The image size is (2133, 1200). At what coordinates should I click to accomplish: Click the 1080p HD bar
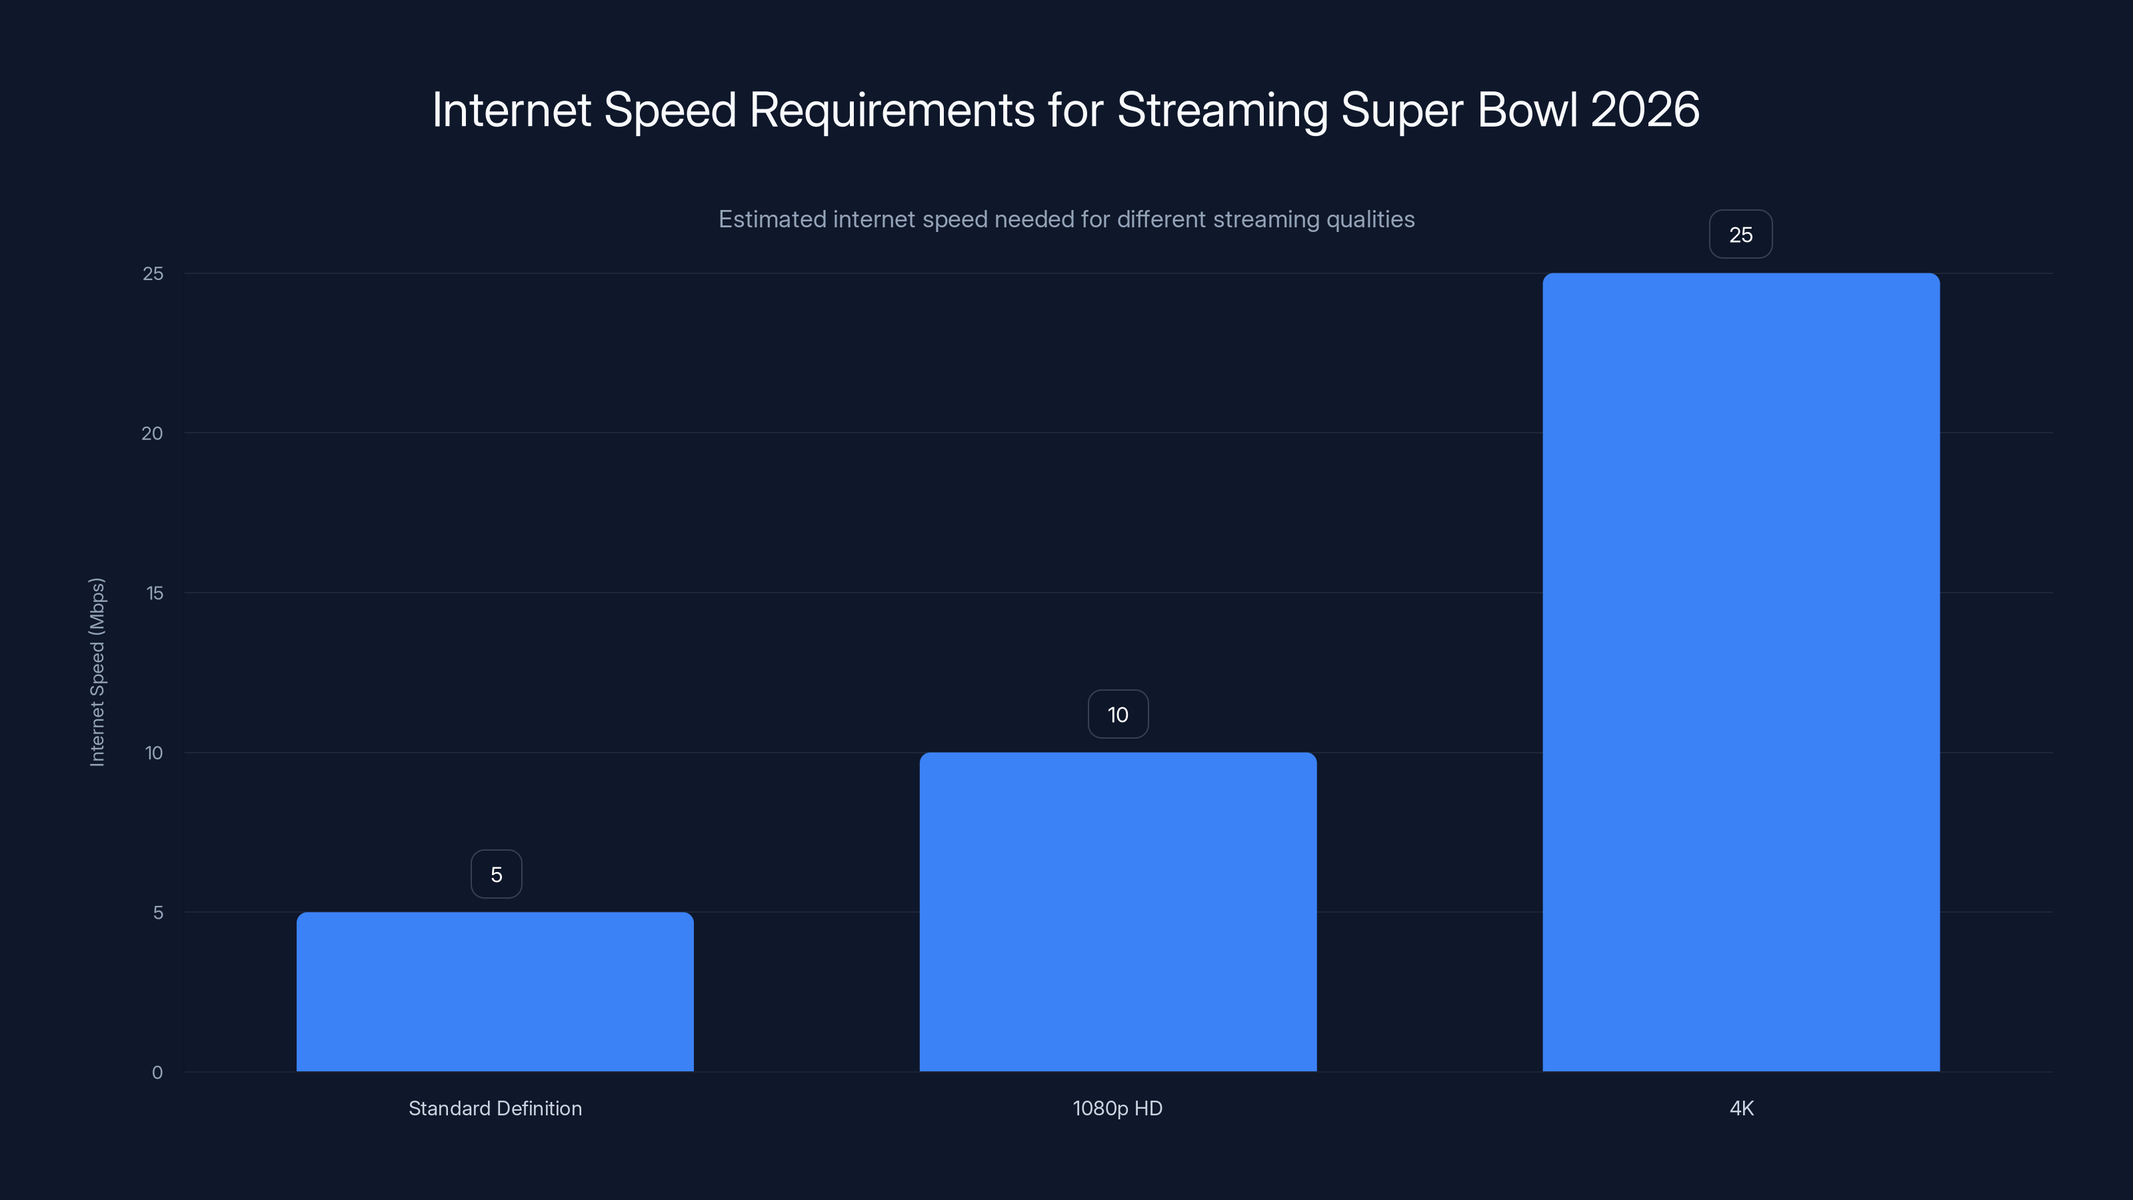pyautogui.click(x=1118, y=911)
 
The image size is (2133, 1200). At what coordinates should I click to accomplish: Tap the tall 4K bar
pyautogui.click(x=1740, y=671)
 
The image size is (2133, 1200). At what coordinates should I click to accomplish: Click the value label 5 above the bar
pyautogui.click(x=496, y=875)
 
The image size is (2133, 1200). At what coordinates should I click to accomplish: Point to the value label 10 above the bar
pyautogui.click(x=1118, y=715)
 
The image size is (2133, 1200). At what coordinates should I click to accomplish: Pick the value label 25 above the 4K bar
pyautogui.click(x=1740, y=235)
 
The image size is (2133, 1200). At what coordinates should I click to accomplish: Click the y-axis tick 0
pyautogui.click(x=157, y=1073)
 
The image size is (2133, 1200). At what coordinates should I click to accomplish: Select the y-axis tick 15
pyautogui.click(x=154, y=593)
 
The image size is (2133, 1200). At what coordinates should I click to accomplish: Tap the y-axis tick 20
pyautogui.click(x=153, y=433)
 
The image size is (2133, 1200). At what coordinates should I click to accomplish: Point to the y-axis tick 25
pyautogui.click(x=153, y=273)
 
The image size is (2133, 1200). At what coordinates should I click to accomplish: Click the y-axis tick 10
pyautogui.click(x=154, y=753)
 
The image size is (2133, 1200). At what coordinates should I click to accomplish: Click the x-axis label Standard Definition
pyautogui.click(x=495, y=1108)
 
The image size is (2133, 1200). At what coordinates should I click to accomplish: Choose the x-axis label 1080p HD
pyautogui.click(x=1118, y=1108)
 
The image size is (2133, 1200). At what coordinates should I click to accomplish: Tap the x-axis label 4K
pyautogui.click(x=1741, y=1108)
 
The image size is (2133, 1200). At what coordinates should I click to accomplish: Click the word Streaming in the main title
pyautogui.click(x=1222, y=110)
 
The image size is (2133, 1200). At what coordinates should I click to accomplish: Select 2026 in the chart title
pyautogui.click(x=1644, y=110)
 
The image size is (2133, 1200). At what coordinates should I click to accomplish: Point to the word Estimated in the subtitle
pyautogui.click(x=772, y=219)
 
